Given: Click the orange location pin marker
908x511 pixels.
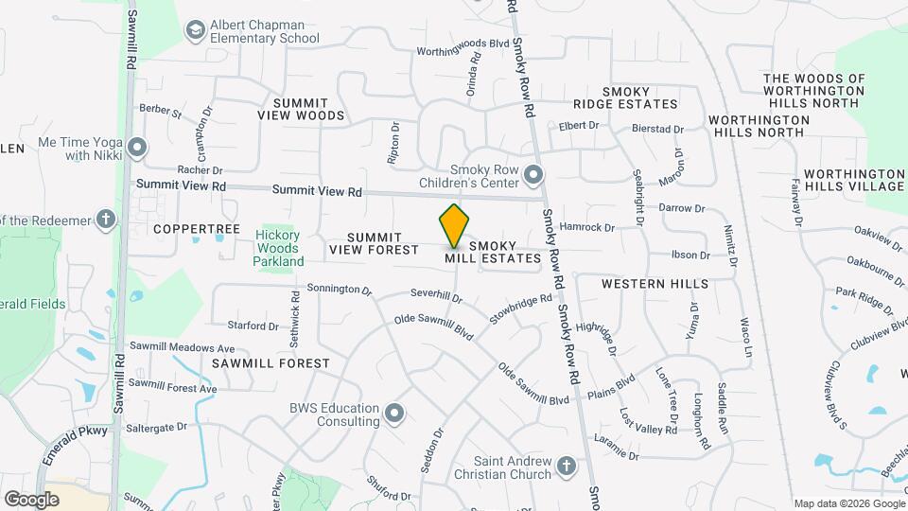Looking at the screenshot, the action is point(455,225).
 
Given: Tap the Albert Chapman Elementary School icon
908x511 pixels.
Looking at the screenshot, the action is point(196,31).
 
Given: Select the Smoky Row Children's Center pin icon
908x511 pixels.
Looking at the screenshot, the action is point(533,175).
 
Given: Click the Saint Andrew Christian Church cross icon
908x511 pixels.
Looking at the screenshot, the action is point(566,466).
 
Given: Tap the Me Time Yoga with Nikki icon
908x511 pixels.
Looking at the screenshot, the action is point(138,148).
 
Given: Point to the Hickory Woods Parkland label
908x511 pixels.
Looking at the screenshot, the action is point(280,248).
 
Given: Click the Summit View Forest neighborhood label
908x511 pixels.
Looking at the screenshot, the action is point(374,243).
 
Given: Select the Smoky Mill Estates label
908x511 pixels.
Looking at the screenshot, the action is point(493,252).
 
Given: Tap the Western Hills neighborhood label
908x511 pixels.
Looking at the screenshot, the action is point(655,284).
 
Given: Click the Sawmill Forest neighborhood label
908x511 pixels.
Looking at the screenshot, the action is point(271,362).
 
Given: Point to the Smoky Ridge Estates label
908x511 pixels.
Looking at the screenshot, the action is point(626,97).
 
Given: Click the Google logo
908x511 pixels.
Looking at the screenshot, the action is point(31,499).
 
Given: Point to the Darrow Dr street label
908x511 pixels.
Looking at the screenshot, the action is point(682,208).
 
